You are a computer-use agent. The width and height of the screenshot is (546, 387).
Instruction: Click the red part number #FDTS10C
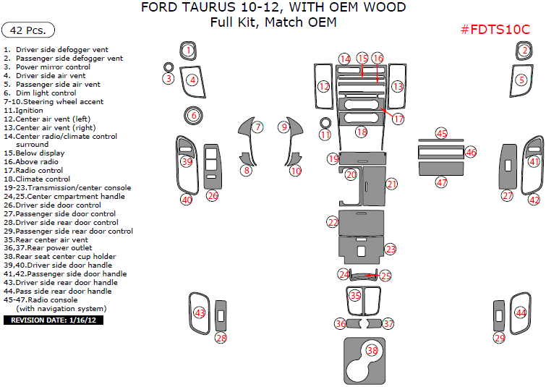[x=495, y=30]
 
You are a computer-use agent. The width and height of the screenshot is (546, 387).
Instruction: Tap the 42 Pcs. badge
[x=28, y=30]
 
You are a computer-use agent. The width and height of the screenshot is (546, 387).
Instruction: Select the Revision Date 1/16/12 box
[x=54, y=320]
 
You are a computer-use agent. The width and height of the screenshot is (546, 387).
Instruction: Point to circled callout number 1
[x=188, y=50]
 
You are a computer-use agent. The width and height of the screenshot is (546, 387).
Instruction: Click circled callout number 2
[x=524, y=50]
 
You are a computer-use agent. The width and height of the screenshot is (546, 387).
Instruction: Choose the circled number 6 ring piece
[x=193, y=115]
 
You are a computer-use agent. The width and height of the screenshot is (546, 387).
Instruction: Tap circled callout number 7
[x=258, y=127]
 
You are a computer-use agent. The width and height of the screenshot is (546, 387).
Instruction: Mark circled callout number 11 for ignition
[x=325, y=135]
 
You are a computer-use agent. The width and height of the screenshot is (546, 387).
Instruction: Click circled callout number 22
[x=333, y=222]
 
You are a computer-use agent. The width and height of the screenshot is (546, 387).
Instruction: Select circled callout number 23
[x=391, y=249]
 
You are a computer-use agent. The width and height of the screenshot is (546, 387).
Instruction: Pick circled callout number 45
[x=441, y=134]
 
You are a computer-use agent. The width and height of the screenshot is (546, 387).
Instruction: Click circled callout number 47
[x=441, y=183]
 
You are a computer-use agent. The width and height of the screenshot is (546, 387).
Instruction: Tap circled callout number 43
[x=199, y=313]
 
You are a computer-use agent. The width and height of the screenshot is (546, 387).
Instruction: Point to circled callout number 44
[x=520, y=312]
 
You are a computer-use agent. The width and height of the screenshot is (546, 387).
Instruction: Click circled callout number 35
[x=355, y=295]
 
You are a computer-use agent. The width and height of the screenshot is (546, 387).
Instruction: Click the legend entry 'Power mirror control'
[x=53, y=67]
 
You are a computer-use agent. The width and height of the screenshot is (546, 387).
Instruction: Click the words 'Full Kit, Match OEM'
[x=273, y=22]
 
